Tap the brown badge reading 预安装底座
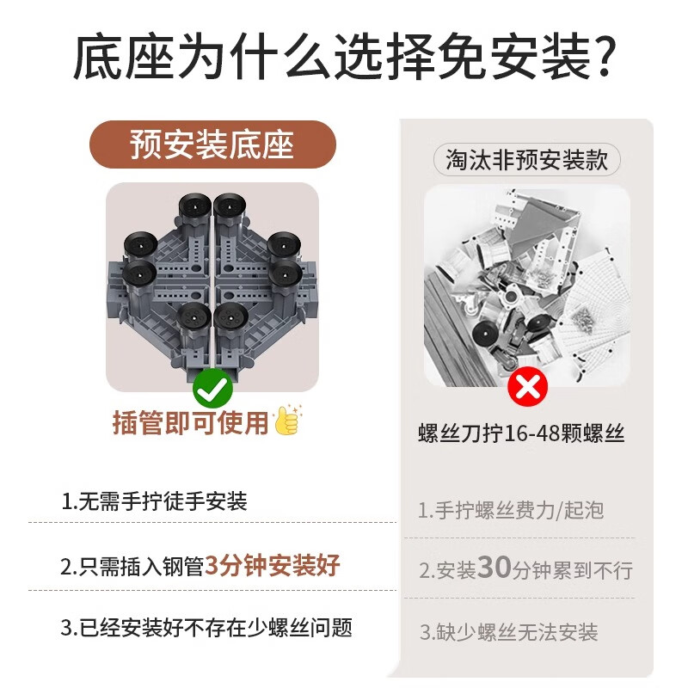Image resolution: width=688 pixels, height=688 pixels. tap(212, 144)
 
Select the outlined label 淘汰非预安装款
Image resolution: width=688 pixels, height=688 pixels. tap(526, 159)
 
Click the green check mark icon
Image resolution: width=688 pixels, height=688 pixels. tap(212, 389)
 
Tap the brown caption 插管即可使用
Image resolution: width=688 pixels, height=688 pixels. tap(190, 422)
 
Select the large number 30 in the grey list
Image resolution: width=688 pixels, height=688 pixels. tap(494, 568)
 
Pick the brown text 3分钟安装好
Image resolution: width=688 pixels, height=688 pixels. tap(272, 565)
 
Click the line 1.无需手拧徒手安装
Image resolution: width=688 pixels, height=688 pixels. tap(155, 501)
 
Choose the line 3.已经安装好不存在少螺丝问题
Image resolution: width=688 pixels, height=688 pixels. tap(206, 628)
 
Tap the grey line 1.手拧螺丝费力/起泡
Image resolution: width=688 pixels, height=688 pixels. tap(511, 510)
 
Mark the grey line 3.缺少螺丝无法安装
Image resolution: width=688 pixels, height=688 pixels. tap(509, 632)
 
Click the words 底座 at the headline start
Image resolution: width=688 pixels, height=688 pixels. tap(124, 57)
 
